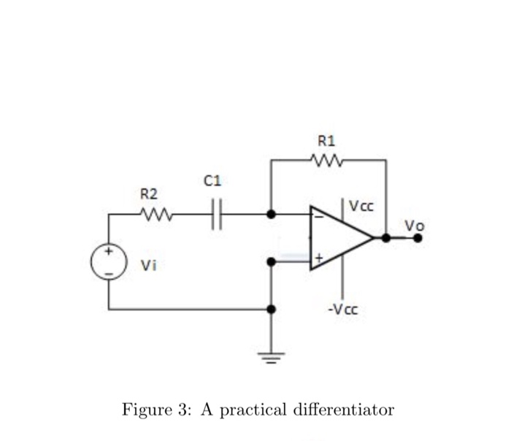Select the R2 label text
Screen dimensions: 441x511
tap(149, 194)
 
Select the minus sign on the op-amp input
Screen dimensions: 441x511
tap(318, 217)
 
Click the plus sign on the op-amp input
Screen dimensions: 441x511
tap(318, 258)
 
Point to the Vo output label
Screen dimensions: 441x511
tap(414, 226)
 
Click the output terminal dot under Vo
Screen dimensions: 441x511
tap(418, 237)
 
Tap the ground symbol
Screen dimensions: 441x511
tap(271, 358)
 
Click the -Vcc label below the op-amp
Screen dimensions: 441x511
tap(343, 309)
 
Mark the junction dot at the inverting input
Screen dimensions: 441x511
tap(271, 215)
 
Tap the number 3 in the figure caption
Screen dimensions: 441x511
tap(180, 409)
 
